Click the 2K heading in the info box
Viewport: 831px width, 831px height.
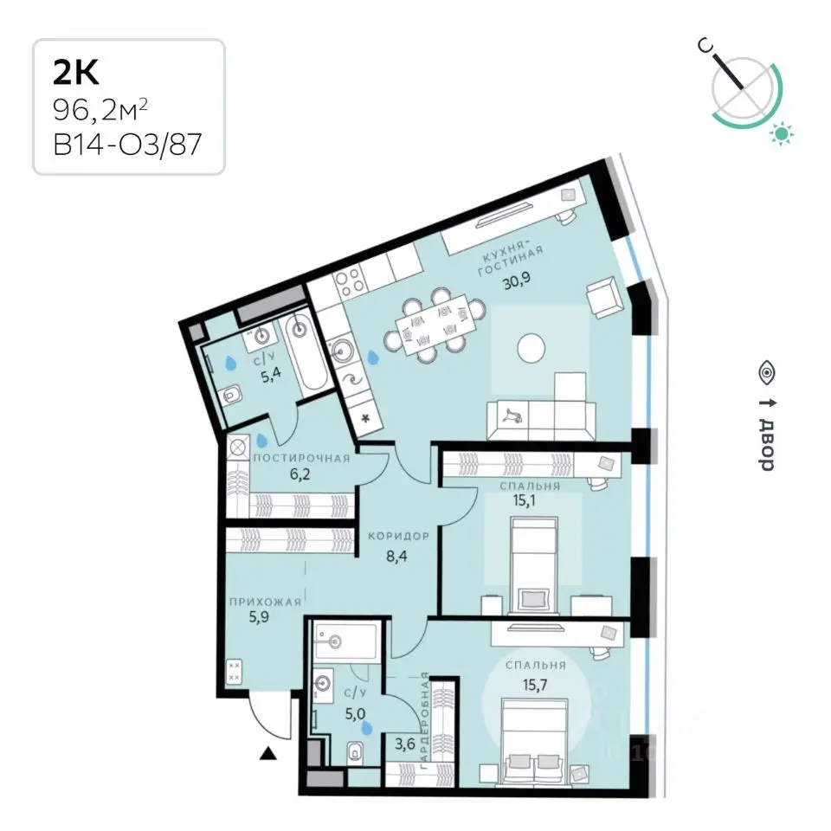[x=76, y=73]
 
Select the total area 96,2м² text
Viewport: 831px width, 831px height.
[x=100, y=110]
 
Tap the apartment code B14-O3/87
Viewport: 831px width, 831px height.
[x=127, y=145]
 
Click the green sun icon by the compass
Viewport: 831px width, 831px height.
[x=782, y=133]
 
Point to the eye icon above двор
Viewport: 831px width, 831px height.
[x=767, y=373]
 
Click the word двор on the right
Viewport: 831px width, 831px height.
[x=767, y=444]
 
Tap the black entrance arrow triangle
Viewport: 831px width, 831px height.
[x=268, y=752]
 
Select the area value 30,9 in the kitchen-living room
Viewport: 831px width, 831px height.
[x=516, y=280]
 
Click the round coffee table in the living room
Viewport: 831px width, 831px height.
[x=531, y=348]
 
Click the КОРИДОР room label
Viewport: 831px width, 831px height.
[x=398, y=536]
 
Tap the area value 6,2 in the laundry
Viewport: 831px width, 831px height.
[x=300, y=473]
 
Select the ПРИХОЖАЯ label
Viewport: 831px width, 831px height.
[x=265, y=602]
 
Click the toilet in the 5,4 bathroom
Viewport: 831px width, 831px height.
[x=231, y=395]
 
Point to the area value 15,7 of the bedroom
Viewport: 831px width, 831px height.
[x=535, y=686]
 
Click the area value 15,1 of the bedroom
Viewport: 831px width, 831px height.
[x=524, y=500]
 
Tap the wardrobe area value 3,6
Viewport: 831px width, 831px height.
[x=405, y=744]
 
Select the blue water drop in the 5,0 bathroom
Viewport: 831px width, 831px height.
[x=366, y=729]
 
